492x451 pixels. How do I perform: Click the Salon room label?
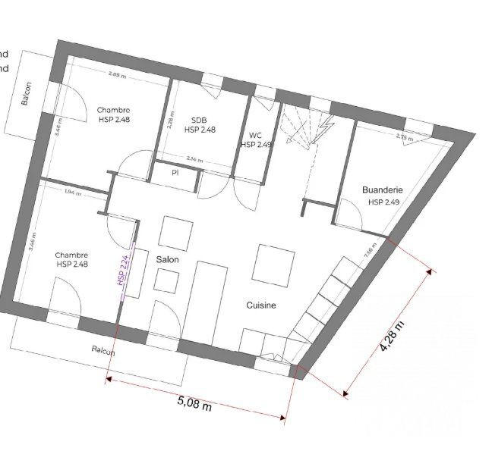tap(168, 259)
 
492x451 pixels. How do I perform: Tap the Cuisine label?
tap(260, 305)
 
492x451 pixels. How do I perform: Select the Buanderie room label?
tap(382, 191)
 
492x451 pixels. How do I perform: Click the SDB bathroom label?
tap(199, 120)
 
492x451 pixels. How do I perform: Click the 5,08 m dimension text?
tap(193, 406)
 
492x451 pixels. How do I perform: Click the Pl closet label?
tap(175, 172)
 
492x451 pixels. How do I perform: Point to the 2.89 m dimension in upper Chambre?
tap(116, 75)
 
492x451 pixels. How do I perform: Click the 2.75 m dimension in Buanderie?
tap(405, 137)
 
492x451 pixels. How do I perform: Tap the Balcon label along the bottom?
tap(103, 351)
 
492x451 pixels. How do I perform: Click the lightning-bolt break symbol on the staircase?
tap(326, 125)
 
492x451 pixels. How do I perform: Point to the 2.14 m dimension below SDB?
tap(195, 159)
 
